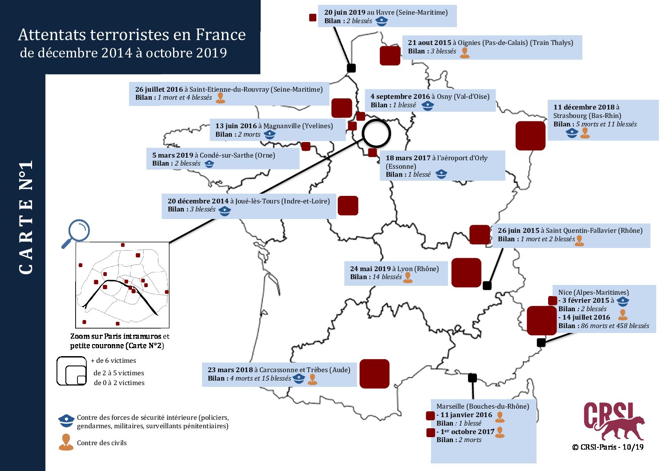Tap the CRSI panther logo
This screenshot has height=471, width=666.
tap(614, 421)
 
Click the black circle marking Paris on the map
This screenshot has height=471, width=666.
tap(376, 134)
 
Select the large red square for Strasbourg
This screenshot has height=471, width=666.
tap(530, 135)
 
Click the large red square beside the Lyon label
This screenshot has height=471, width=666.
tap(466, 272)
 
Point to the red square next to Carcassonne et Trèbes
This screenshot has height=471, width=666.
tap(374, 374)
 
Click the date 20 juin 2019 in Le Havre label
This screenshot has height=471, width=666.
tap(345, 12)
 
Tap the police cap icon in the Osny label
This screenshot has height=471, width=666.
tap(428, 106)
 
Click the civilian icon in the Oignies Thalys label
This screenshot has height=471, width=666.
tap(465, 53)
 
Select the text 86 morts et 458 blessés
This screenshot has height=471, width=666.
tap(615, 326)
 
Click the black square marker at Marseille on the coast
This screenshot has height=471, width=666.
tap(472, 378)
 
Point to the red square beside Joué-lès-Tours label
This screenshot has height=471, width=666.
tap(348, 205)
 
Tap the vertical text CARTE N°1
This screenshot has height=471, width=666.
tap(26, 217)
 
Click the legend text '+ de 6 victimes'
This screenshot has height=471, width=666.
tap(113, 361)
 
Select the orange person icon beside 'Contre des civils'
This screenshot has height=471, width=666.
tap(66, 442)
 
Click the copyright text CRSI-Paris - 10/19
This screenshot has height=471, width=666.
tap(608, 447)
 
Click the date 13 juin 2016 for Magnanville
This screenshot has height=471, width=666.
tap(236, 126)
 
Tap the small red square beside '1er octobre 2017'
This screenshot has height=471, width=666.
tap(431, 432)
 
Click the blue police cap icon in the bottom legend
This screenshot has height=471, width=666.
tap(66, 420)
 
